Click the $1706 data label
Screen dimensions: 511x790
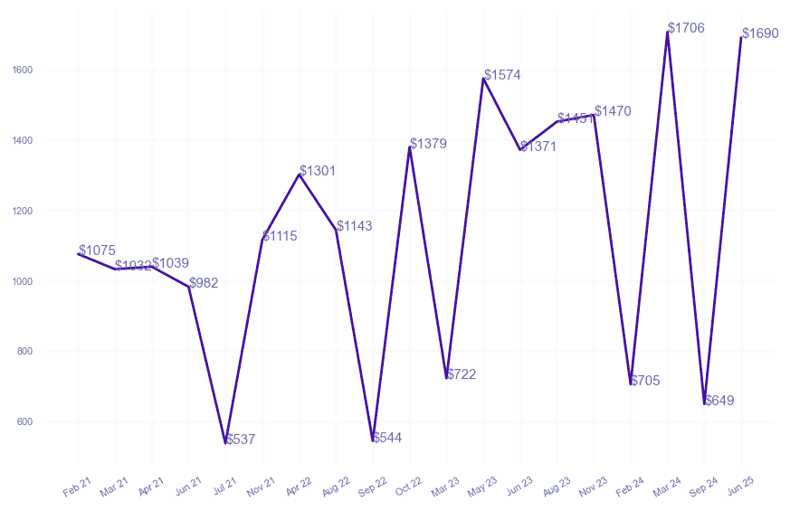click(686, 28)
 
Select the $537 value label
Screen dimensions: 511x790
click(240, 440)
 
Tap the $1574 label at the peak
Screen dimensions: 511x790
click(502, 75)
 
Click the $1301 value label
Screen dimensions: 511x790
click(318, 171)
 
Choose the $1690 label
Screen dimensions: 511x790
click(760, 33)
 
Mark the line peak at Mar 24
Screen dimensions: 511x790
click(668, 32)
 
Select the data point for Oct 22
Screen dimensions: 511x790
click(410, 147)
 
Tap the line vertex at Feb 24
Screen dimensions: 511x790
click(631, 383)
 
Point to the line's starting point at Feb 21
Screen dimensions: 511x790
click(79, 254)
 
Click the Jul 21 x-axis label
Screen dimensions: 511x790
click(224, 486)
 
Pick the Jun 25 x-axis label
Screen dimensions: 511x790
click(740, 486)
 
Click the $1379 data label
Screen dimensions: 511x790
click(428, 144)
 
